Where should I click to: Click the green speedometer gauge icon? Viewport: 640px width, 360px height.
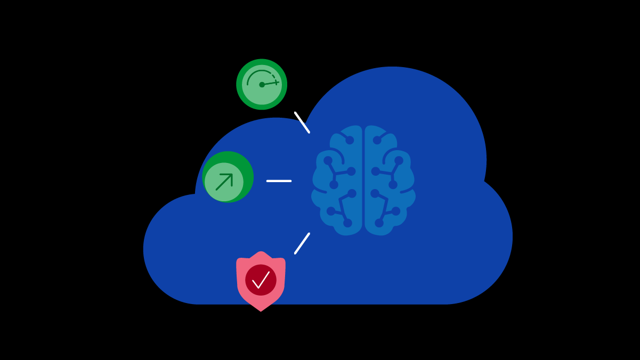click(x=262, y=84)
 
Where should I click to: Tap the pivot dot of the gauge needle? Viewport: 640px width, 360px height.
click(x=262, y=85)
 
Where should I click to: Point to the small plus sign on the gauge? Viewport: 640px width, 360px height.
click(x=276, y=82)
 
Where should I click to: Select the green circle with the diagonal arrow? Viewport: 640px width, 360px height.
click(x=228, y=177)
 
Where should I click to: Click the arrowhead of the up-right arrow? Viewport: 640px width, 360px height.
click(x=230, y=176)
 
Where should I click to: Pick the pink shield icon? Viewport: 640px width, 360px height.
click(x=261, y=281)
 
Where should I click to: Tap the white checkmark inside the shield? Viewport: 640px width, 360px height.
click(x=261, y=280)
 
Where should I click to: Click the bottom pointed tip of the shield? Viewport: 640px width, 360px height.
click(x=261, y=310)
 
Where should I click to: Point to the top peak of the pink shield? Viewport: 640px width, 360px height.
click(x=261, y=252)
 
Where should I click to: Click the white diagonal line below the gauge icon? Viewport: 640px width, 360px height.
click(x=302, y=122)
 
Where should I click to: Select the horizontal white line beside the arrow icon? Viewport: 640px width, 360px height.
click(x=279, y=181)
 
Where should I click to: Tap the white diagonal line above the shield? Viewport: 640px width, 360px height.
click(x=302, y=243)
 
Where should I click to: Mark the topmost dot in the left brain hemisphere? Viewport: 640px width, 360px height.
click(x=350, y=140)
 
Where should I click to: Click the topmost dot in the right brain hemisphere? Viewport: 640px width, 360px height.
click(x=377, y=140)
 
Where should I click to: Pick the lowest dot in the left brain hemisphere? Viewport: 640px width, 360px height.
click(x=347, y=223)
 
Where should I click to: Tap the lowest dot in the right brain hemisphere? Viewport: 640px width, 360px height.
click(x=379, y=223)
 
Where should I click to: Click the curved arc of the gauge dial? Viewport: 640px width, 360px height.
click(x=255, y=73)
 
